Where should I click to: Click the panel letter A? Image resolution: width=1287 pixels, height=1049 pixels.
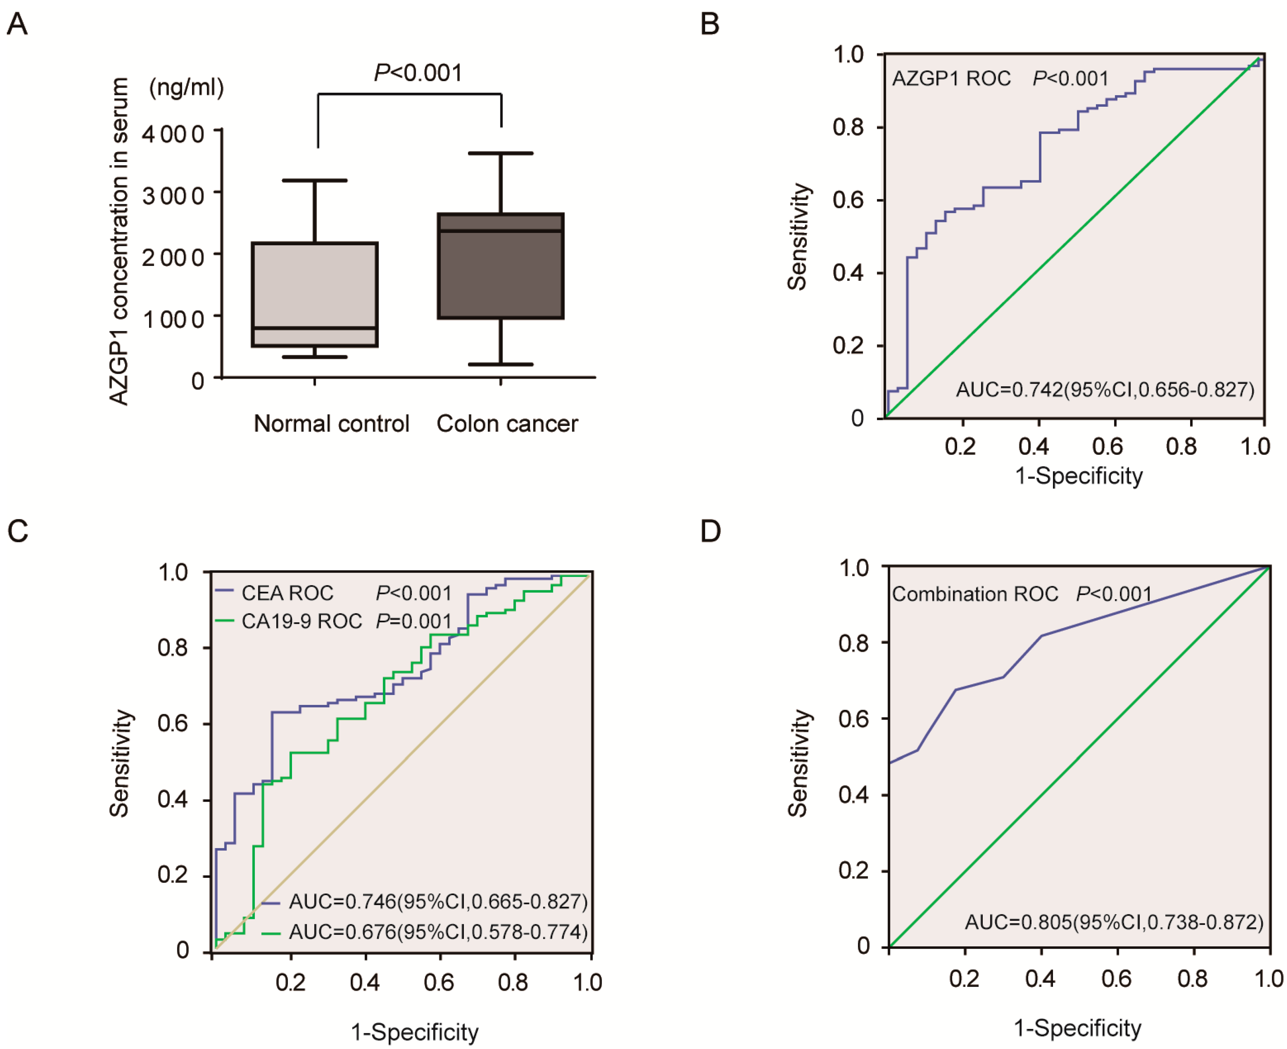(17, 25)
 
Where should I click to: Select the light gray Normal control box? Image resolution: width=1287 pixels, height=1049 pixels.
(315, 294)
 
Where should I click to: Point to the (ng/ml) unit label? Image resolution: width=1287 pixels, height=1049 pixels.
(187, 88)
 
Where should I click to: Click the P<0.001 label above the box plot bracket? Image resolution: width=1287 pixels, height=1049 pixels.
(418, 73)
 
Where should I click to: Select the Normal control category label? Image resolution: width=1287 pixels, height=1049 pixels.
(331, 424)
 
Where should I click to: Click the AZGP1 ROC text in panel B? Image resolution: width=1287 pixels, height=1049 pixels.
(951, 78)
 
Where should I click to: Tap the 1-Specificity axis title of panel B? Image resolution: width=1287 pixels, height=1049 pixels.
(1079, 476)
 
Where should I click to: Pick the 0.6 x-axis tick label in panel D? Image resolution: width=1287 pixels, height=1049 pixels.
(1116, 978)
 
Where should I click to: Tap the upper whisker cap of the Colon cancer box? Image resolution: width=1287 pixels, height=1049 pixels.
(500, 153)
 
